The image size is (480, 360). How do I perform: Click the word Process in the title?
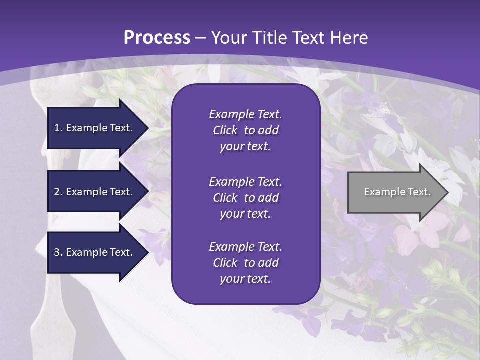pyautogui.click(x=157, y=38)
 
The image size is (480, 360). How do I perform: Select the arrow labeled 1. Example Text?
pyautogui.click(x=95, y=128)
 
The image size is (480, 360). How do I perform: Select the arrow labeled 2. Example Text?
pyautogui.click(x=95, y=192)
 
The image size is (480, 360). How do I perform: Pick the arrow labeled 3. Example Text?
pyautogui.click(x=95, y=252)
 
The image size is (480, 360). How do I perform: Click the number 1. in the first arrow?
pyautogui.click(x=58, y=128)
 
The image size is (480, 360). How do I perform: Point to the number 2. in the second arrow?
pyautogui.click(x=58, y=192)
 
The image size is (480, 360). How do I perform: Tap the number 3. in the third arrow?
pyautogui.click(x=58, y=252)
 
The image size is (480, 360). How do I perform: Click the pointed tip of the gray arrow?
pyautogui.click(x=446, y=192)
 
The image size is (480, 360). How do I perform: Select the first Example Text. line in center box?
pyautogui.click(x=245, y=114)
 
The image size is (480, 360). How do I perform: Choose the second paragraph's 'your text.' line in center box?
pyautogui.click(x=245, y=214)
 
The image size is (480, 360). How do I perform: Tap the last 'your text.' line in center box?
pyautogui.click(x=245, y=279)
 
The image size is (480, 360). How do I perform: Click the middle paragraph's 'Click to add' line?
pyautogui.click(x=245, y=198)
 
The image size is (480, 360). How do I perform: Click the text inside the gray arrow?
pyautogui.click(x=397, y=192)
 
